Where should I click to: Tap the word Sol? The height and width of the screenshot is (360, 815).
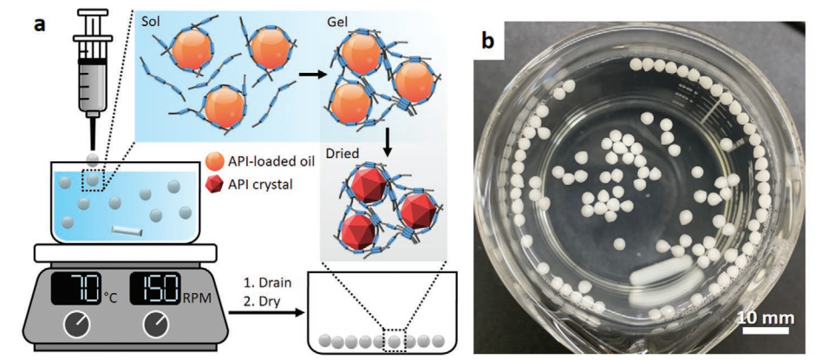point(153,22)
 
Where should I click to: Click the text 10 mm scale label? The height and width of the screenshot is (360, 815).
point(764,319)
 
